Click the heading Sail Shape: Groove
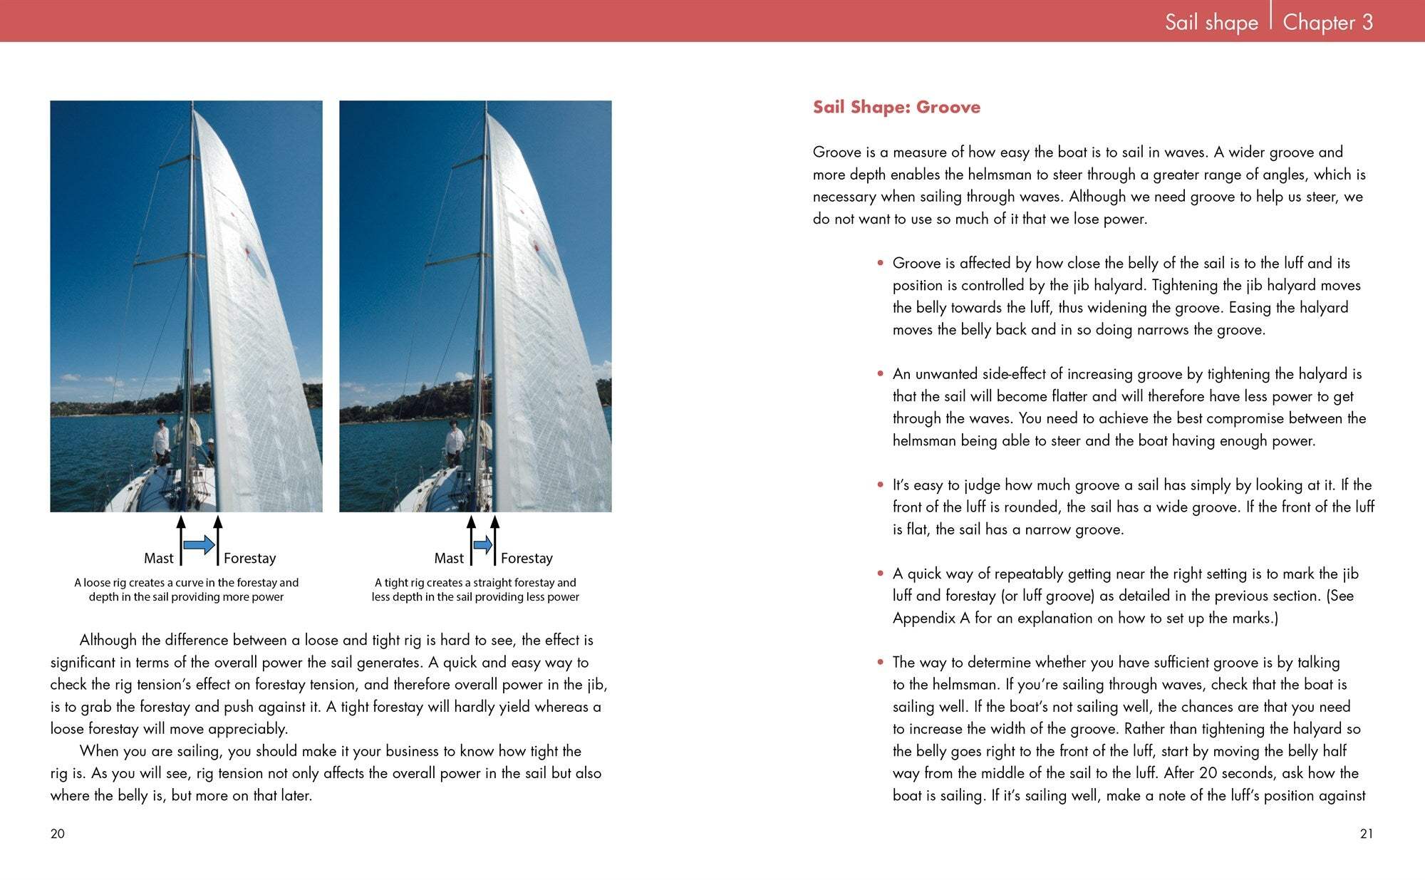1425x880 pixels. [x=896, y=107]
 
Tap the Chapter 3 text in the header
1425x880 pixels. [x=1327, y=22]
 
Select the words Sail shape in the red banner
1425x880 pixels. [x=1211, y=22]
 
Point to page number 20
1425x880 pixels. [x=58, y=834]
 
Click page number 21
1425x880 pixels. [x=1366, y=834]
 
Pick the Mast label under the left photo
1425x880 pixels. [x=158, y=558]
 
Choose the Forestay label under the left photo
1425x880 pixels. [x=249, y=558]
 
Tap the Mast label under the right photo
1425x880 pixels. [x=449, y=558]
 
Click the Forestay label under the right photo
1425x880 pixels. [x=527, y=558]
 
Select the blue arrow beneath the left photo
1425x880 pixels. [x=199, y=545]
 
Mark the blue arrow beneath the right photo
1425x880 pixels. [x=483, y=545]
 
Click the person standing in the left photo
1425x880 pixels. [x=162, y=442]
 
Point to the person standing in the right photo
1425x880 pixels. [x=454, y=442]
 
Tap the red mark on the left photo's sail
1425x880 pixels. [x=247, y=251]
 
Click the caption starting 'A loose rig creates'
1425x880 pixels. [x=186, y=589]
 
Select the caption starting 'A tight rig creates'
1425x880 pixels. [x=475, y=589]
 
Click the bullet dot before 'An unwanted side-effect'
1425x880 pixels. [x=881, y=373]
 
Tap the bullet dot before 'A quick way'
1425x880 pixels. [x=881, y=574]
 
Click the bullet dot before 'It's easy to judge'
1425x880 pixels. [x=881, y=485]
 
